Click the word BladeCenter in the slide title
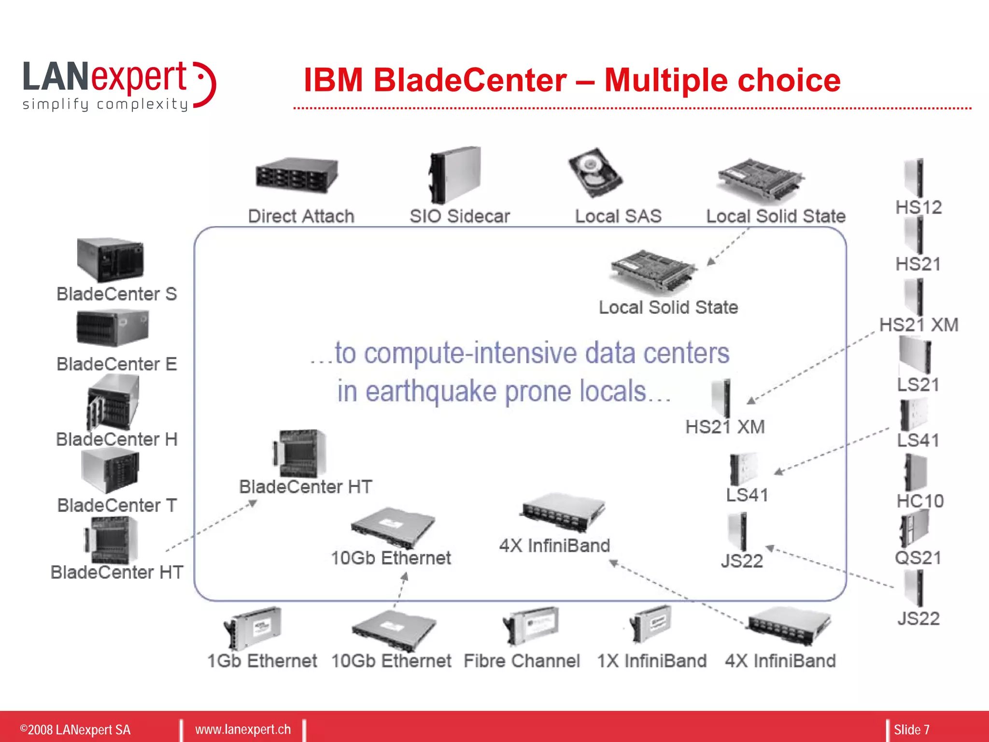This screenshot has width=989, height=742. coord(470,80)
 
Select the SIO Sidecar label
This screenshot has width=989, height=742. coord(459,216)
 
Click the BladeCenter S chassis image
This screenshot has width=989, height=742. coord(110,259)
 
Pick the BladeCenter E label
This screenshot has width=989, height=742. coord(117,364)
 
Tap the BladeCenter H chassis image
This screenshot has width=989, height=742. coord(113,403)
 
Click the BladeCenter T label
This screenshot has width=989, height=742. coord(117,505)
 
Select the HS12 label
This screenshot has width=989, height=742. coord(918,207)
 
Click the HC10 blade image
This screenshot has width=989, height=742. coord(915,472)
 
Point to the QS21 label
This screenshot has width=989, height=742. coord(918,557)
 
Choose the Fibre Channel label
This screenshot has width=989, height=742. coord(522,660)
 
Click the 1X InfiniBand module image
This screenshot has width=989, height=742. coord(650,623)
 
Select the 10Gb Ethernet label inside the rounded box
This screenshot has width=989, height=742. coord(391,558)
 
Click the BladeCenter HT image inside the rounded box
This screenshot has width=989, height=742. coord(299,454)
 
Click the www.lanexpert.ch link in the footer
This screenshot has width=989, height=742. coord(243,729)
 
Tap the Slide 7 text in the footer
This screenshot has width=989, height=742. coord(911,729)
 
